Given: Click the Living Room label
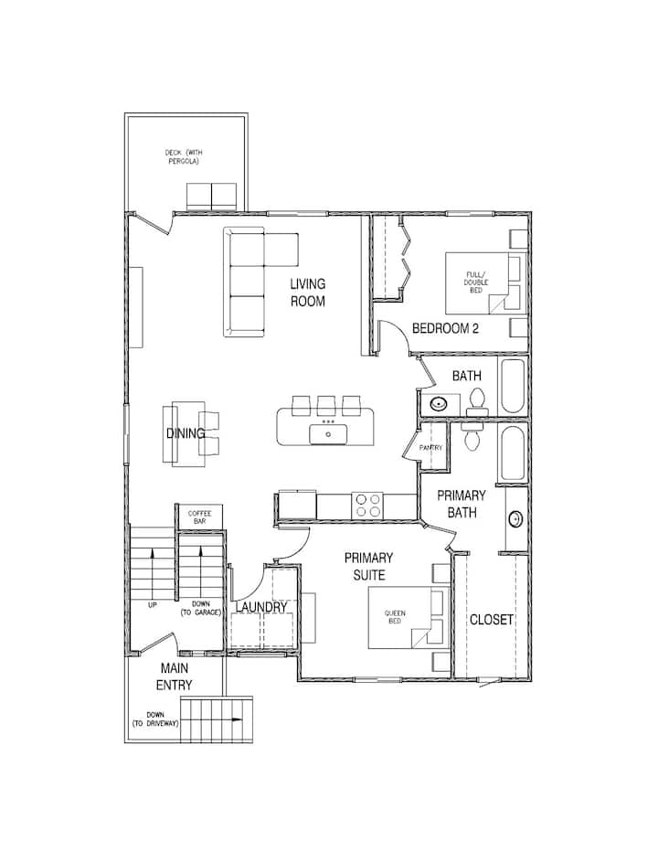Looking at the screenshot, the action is (308, 293).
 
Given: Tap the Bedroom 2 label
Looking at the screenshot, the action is (446, 328).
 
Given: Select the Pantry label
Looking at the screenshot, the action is (430, 448).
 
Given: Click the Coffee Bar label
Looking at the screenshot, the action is (199, 517).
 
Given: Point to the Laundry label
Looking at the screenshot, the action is (261, 607).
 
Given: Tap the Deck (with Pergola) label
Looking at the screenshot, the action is (184, 157).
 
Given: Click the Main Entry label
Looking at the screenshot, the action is (175, 676).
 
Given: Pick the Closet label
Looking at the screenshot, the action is (491, 620).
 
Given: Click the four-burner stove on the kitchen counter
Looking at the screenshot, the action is (367, 506).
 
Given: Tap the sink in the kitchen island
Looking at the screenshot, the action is (328, 434).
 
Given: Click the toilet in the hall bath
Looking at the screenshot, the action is (477, 402).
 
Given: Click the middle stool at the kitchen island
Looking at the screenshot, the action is (326, 406).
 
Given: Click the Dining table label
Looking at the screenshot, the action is (186, 433).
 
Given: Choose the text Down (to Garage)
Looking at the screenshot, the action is (200, 609).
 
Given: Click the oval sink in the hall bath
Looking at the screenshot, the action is (438, 404).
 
